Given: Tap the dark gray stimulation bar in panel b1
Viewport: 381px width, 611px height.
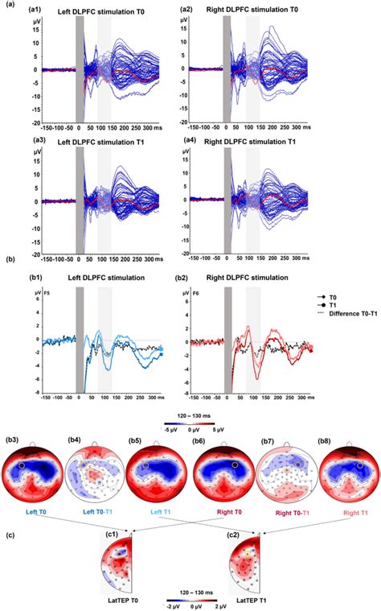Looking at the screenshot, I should pos(79,338).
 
